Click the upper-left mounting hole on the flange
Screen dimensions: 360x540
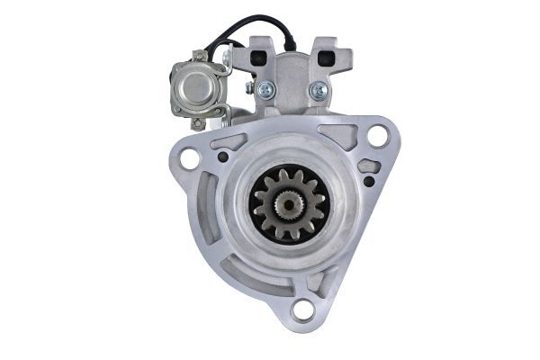pos(189,158)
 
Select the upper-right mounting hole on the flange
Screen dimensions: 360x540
pos(378,136)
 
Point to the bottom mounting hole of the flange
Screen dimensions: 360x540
pos(303,311)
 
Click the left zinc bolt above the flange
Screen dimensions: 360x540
pos(266,90)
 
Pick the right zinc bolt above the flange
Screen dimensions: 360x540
pos(318,90)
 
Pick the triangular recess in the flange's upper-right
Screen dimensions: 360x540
pos(343,136)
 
